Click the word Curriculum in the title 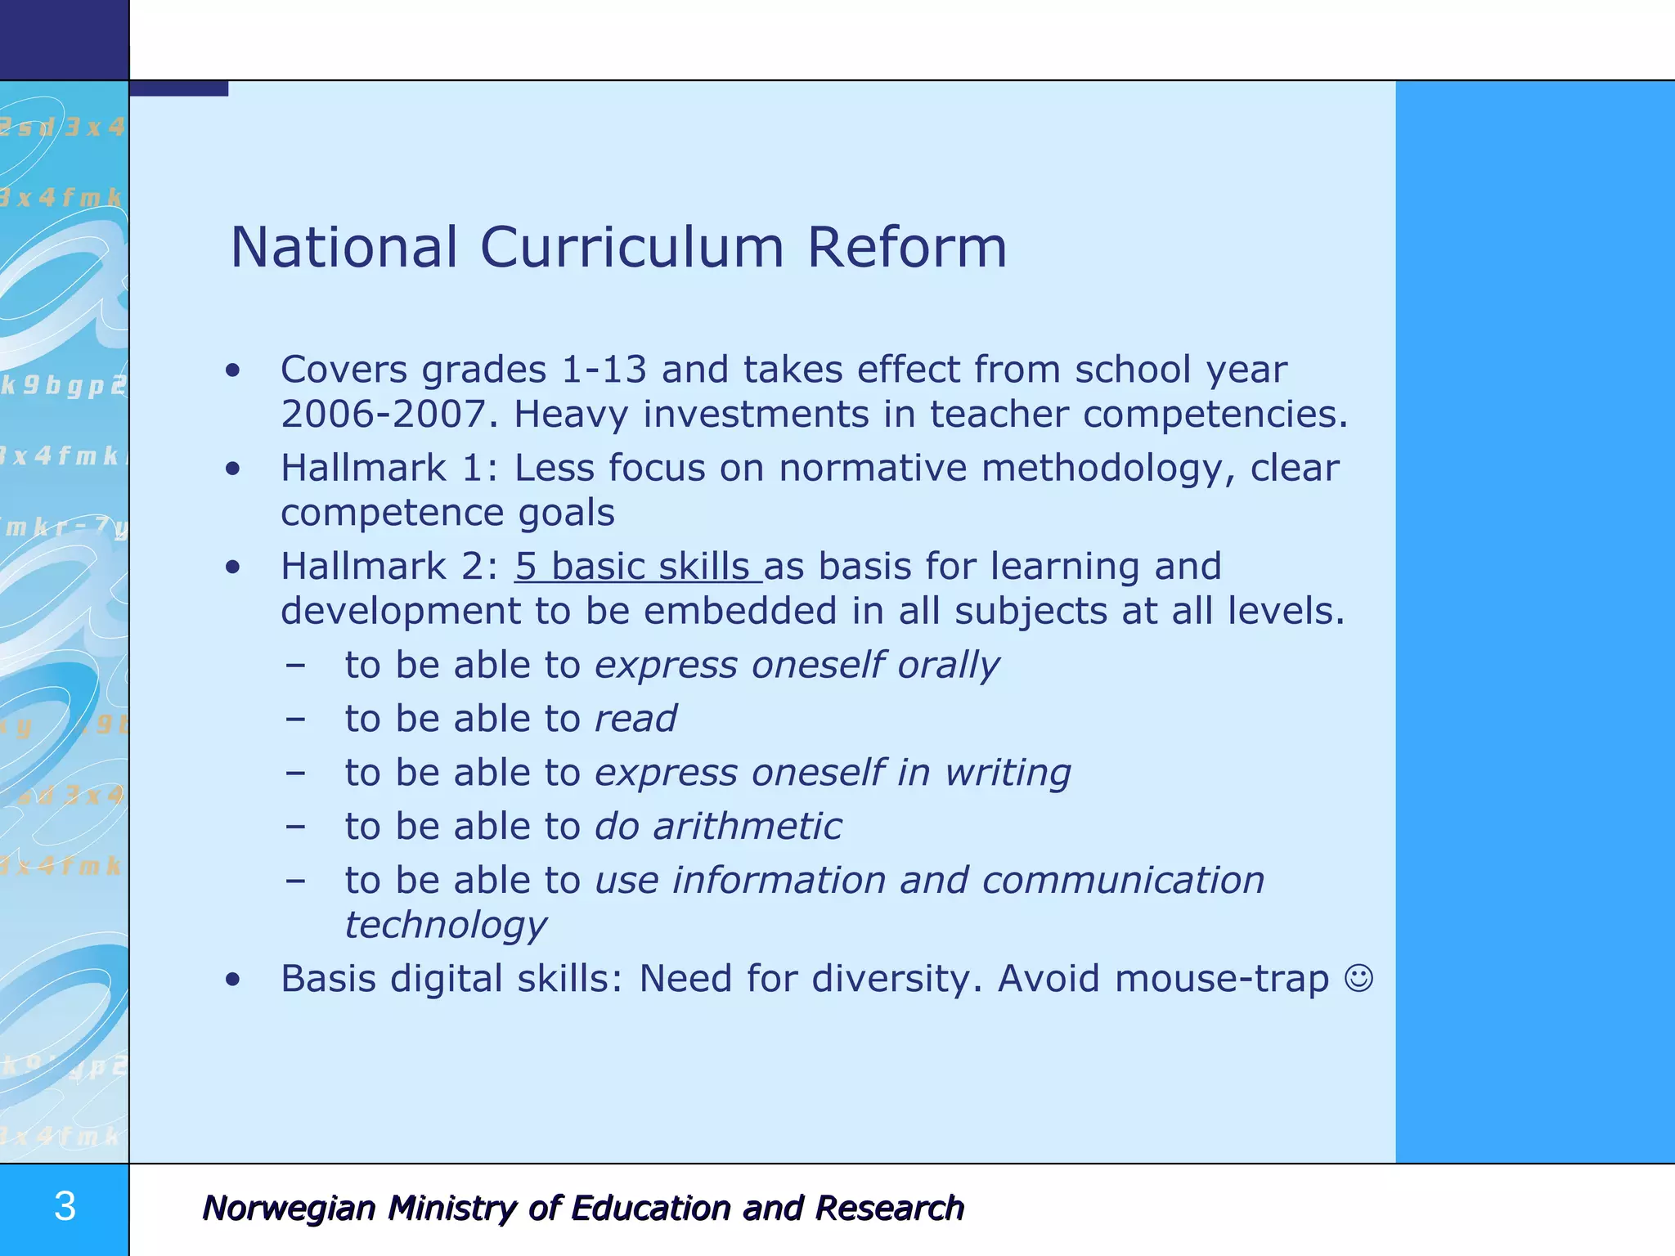[631, 247]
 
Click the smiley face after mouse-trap [1358, 978]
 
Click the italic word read [635, 719]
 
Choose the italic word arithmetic [747, 827]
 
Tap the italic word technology [446, 926]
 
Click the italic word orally [948, 665]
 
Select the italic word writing [1008, 773]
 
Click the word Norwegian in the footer [289, 1209]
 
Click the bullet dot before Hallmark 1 [234, 469]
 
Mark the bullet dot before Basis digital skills [234, 979]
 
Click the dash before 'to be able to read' [295, 720]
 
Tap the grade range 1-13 [604, 370]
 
